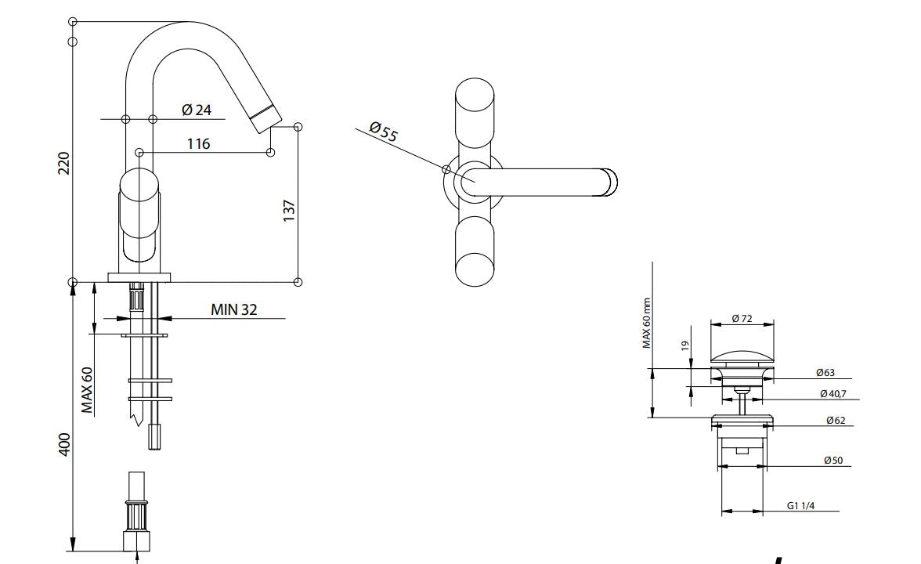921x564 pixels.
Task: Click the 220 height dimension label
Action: (x=64, y=163)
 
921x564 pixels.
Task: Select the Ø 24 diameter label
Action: (x=197, y=110)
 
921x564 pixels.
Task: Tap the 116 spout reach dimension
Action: (x=198, y=143)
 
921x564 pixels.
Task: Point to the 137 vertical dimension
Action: (x=289, y=210)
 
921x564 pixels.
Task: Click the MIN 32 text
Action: (x=233, y=309)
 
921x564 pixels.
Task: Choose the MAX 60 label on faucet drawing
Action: (x=88, y=389)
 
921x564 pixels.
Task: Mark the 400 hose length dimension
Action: (x=64, y=444)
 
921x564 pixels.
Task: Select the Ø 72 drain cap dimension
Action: (x=742, y=318)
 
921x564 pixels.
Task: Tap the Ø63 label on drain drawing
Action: (x=824, y=373)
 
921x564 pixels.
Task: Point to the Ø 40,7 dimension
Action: (x=833, y=393)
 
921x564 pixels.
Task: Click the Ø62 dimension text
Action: (x=835, y=421)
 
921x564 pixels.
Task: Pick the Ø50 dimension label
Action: (x=833, y=461)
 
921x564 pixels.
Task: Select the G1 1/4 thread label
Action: (x=800, y=506)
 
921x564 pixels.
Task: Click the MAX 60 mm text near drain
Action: (x=647, y=323)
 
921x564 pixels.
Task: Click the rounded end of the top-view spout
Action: (x=609, y=181)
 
